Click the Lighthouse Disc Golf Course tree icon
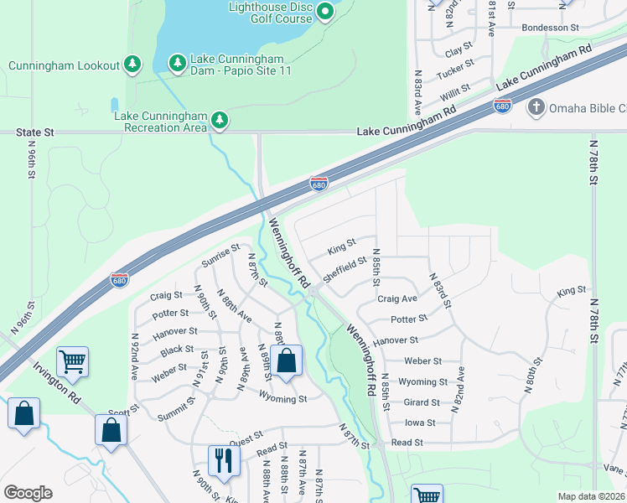(326, 12)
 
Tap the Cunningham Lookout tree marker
(132, 64)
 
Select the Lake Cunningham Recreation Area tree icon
(220, 121)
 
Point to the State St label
(37, 132)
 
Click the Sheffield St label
(345, 269)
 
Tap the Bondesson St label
(550, 28)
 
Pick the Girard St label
(422, 402)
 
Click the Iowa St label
(420, 423)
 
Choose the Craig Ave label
(397, 298)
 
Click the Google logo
(28, 493)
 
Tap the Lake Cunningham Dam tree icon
(177, 63)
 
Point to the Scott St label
(122, 412)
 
